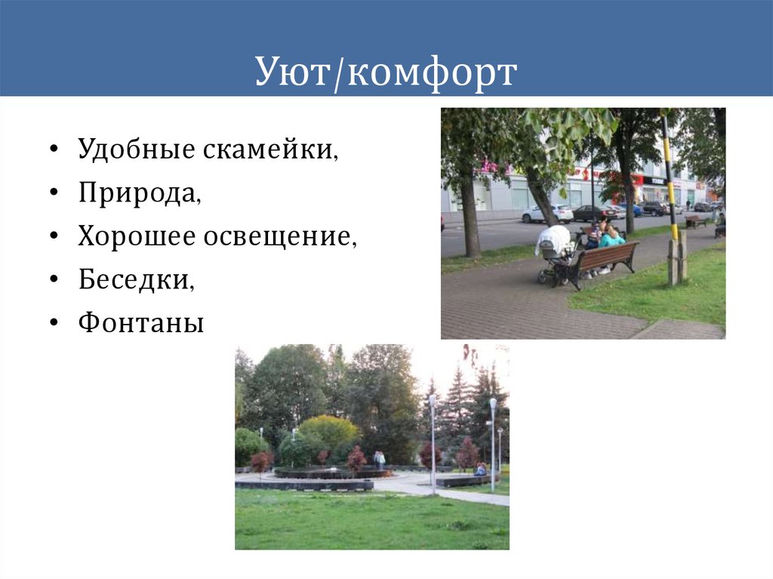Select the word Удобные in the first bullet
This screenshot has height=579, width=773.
point(136,149)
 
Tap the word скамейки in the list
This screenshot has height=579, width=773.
point(269,149)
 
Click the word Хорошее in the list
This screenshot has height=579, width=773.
point(137,237)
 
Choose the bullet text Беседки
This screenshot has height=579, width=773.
point(136,280)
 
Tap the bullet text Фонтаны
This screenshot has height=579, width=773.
point(140,324)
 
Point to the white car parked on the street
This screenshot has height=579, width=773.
point(547,214)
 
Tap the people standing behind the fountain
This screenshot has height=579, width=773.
point(379,459)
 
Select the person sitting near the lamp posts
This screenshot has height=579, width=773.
point(480,470)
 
